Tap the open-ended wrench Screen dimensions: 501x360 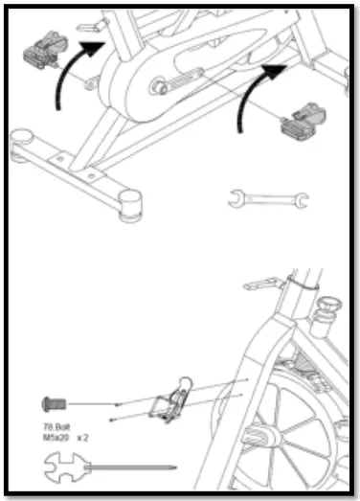pos(268,198)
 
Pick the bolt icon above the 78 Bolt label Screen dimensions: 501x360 pos(53,403)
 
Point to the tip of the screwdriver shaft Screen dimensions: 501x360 pos(172,467)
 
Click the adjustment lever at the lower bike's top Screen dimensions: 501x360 pos(260,284)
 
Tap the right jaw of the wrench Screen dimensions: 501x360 pos(300,198)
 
